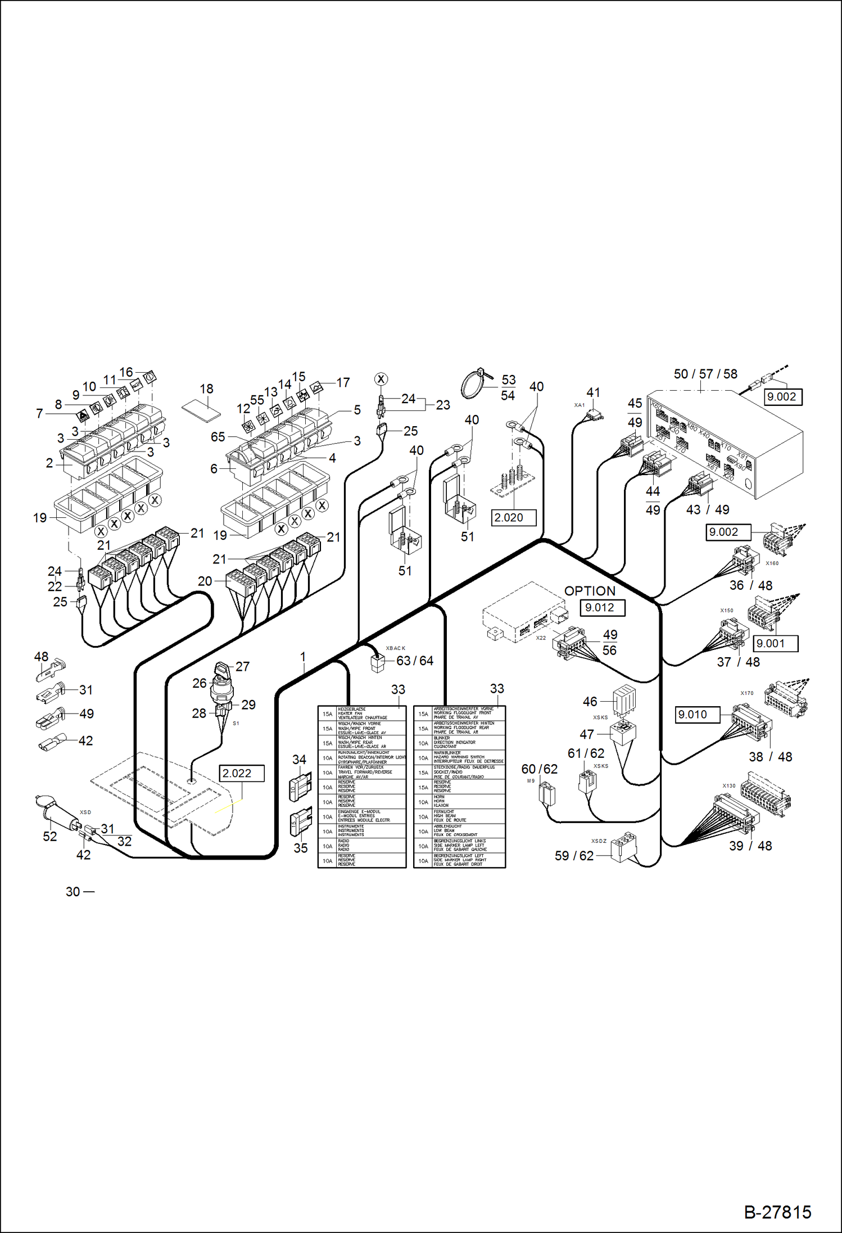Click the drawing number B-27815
click(x=777, y=1212)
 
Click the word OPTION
click(x=590, y=591)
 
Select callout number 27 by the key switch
click(x=242, y=666)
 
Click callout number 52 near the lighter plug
click(x=49, y=836)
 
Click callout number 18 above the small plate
click(x=206, y=389)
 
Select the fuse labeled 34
click(x=300, y=785)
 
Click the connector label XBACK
click(x=395, y=648)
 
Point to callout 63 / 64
click(x=415, y=661)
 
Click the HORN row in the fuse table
click(x=459, y=801)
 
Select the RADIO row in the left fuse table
click(x=361, y=845)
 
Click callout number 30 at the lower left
click(x=73, y=892)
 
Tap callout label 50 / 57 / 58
click(x=705, y=374)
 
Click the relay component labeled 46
click(x=624, y=699)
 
